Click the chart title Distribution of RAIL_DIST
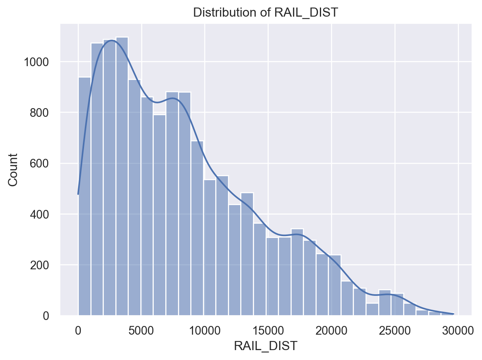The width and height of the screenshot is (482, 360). [266, 13]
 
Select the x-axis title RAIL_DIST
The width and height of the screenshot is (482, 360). [266, 346]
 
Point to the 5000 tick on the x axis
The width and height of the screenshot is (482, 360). [142, 330]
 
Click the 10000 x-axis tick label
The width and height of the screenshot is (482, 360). [205, 330]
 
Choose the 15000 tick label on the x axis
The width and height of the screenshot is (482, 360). [268, 330]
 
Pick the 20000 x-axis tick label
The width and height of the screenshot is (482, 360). [331, 330]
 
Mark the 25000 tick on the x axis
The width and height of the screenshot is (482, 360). [395, 330]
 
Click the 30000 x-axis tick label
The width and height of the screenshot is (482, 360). [458, 330]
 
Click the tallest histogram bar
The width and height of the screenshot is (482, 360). [122, 178]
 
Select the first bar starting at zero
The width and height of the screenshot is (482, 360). [84, 198]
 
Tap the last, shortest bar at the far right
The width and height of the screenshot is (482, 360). [448, 314]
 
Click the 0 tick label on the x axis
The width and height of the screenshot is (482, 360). [78, 330]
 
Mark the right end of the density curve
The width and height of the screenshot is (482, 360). [453, 314]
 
